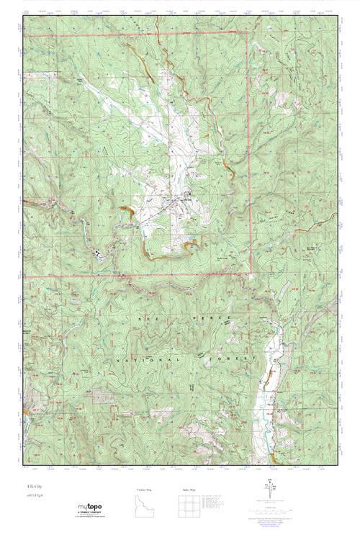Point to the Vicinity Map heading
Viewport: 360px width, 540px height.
(x=144, y=490)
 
